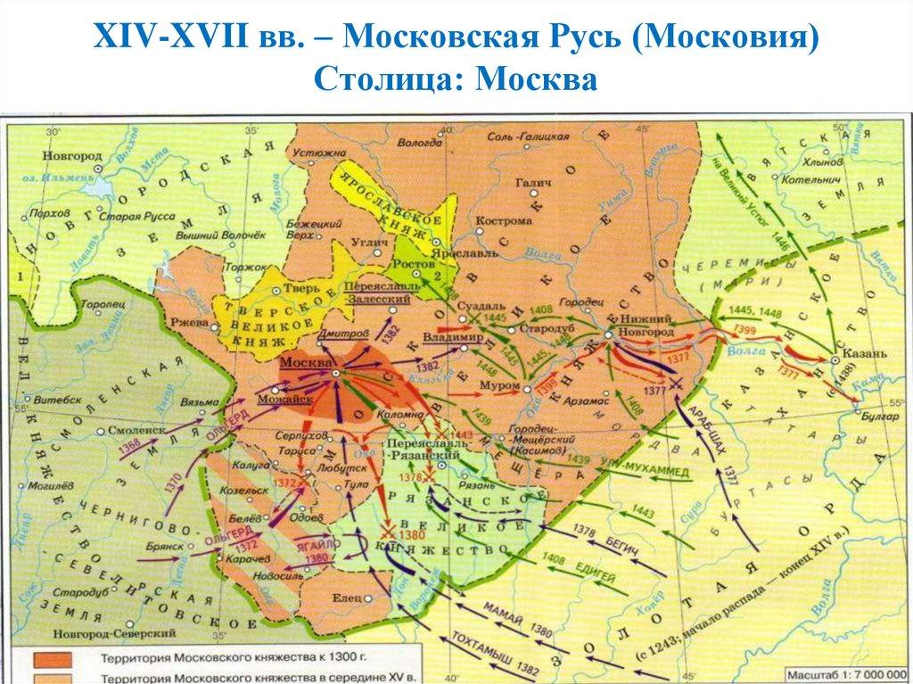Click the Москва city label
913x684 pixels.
[305, 364]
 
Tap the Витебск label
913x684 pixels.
[60, 400]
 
